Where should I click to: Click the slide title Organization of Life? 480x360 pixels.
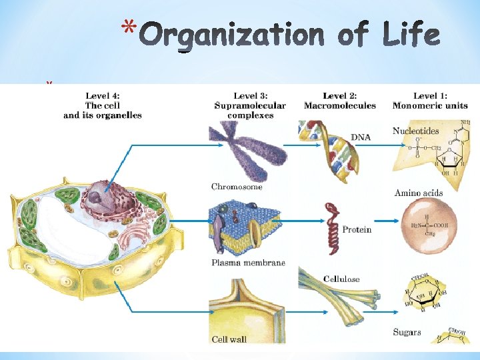click(x=291, y=34)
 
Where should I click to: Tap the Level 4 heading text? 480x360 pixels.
click(x=103, y=105)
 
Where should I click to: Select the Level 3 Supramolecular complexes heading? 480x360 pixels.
click(x=250, y=105)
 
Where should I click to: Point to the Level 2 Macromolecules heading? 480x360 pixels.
click(x=339, y=101)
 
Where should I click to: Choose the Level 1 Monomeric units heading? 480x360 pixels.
click(x=430, y=101)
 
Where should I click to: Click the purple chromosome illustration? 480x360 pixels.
click(x=248, y=150)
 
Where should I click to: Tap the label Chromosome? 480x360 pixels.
click(x=237, y=187)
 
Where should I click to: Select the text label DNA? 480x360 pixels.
click(x=361, y=137)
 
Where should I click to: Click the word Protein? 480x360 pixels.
click(x=357, y=229)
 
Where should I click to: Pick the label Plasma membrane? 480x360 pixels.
click(x=248, y=263)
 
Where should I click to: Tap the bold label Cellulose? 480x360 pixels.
click(x=341, y=278)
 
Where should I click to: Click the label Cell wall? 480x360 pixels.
click(x=229, y=339)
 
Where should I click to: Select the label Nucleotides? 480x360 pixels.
click(x=416, y=131)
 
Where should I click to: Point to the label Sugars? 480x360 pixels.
click(x=407, y=331)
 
